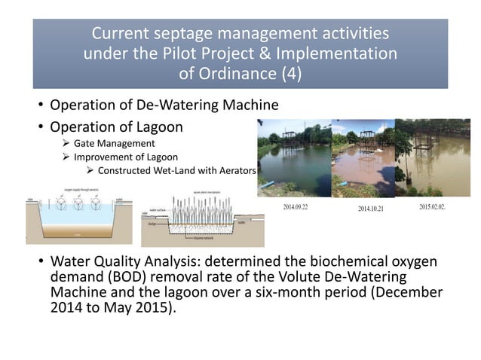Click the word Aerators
coord(234,170)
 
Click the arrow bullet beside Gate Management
coord(66,143)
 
